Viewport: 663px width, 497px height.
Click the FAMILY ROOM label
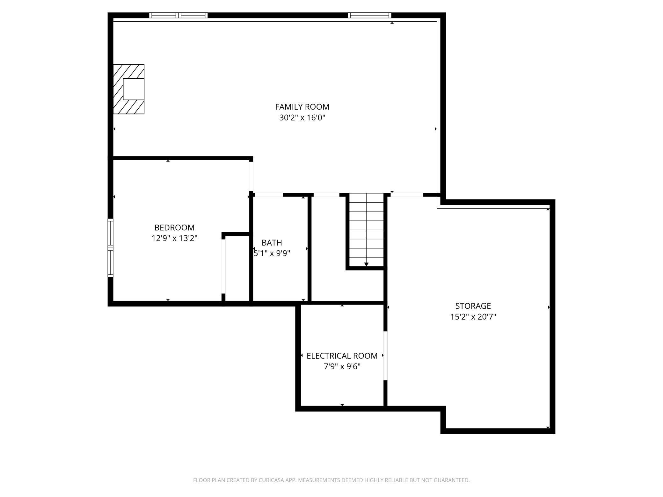pyautogui.click(x=302, y=107)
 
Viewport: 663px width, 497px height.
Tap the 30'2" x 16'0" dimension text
pyautogui.click(x=302, y=118)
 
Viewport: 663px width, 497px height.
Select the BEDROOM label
pyautogui.click(x=174, y=227)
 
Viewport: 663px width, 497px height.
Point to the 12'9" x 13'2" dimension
pyautogui.click(x=174, y=238)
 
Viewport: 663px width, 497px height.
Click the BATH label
pyautogui.click(x=272, y=243)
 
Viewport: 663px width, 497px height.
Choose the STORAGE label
pyautogui.click(x=473, y=306)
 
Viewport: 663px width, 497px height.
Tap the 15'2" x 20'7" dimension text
pyautogui.click(x=473, y=317)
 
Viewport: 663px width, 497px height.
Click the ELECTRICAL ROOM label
pyautogui.click(x=342, y=356)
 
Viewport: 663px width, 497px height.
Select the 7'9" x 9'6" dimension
pyautogui.click(x=342, y=367)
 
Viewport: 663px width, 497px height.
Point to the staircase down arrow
pyautogui.click(x=366, y=264)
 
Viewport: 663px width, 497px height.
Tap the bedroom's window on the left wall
pyautogui.click(x=110, y=248)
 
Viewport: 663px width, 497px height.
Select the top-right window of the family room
pyautogui.click(x=369, y=15)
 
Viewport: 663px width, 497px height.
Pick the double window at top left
pyautogui.click(x=178, y=15)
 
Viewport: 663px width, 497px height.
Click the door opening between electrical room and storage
pyautogui.click(x=385, y=356)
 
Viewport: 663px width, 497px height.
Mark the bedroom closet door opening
pyautogui.click(x=223, y=266)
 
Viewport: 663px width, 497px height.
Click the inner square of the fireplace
pyautogui.click(x=134, y=89)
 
